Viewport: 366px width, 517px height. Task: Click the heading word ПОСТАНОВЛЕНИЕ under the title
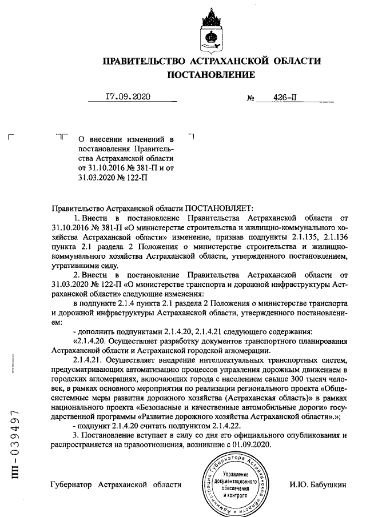(x=211, y=75)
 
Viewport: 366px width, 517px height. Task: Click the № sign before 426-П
(x=250, y=98)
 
